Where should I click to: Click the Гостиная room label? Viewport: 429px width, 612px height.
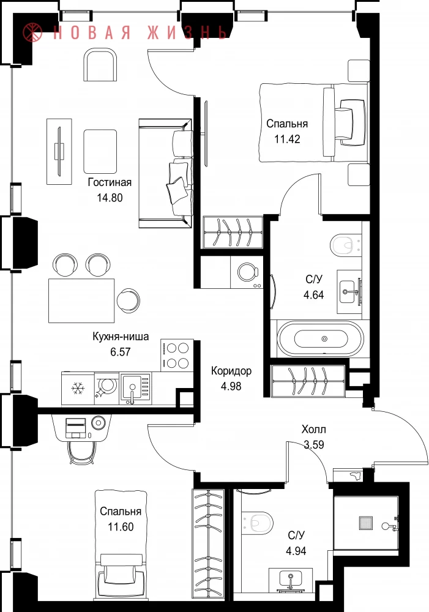[x=110, y=182]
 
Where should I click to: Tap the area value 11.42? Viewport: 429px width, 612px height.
[x=287, y=140]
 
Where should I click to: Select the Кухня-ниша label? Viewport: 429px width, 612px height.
[x=121, y=337]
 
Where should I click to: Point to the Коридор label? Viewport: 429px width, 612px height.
[x=231, y=371]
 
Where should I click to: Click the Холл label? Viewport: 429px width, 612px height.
[x=313, y=430]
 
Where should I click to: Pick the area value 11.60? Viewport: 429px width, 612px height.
[x=121, y=527]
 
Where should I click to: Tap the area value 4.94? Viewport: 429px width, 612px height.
[x=296, y=551]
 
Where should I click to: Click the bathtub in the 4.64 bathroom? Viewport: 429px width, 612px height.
[x=320, y=339]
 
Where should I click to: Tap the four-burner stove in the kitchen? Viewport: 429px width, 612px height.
[x=177, y=355]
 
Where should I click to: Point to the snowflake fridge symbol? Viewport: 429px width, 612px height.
[x=78, y=388]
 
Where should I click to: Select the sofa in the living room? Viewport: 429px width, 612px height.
[x=165, y=173]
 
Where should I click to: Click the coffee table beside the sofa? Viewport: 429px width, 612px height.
[x=100, y=151]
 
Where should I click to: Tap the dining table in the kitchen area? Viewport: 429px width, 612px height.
[x=81, y=300]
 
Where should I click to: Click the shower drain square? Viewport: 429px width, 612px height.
[x=366, y=523]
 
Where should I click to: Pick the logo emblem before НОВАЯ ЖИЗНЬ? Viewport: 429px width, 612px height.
[x=32, y=32]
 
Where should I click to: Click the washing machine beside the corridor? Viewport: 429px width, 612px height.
[x=247, y=272]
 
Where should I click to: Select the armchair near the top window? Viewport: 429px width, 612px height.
[x=100, y=65]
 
